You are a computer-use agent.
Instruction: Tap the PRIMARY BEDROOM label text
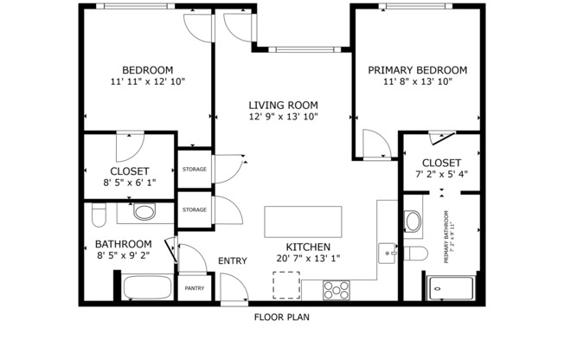(x=417, y=70)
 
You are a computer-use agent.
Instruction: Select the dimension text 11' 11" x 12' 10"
(x=147, y=81)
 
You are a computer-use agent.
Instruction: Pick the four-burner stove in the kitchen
(x=336, y=290)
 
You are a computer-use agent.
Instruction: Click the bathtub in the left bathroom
(x=147, y=287)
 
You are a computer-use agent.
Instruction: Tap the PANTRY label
(x=193, y=288)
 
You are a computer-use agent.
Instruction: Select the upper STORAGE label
(x=194, y=169)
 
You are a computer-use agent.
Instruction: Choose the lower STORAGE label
(x=194, y=209)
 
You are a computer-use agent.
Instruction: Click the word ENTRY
(x=232, y=261)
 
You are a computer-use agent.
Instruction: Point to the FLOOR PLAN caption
(x=281, y=317)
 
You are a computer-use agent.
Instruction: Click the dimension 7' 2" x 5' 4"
(x=441, y=175)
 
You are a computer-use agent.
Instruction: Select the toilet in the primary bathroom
(x=415, y=254)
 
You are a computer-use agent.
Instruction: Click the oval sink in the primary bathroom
(x=413, y=222)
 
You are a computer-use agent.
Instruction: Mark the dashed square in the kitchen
(x=286, y=285)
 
